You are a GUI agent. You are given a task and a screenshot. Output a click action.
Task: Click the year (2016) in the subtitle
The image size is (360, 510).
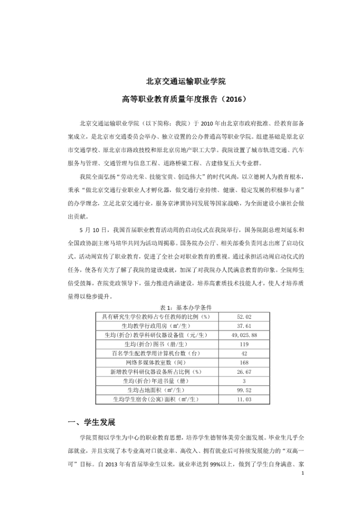click(x=235, y=100)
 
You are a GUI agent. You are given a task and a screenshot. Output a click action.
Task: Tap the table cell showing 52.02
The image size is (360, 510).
click(x=244, y=316)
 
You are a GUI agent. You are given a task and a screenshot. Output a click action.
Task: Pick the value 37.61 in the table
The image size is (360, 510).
click(x=244, y=326)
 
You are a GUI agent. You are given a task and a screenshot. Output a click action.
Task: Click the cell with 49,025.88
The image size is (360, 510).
click(x=244, y=335)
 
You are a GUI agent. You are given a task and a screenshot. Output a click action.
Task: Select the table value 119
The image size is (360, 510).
click(x=244, y=344)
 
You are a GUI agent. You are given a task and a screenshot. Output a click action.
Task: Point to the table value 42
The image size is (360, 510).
click(x=244, y=354)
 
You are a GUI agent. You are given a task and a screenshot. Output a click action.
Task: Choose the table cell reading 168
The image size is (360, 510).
click(x=244, y=363)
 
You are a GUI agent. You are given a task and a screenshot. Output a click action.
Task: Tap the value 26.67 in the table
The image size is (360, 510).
click(x=244, y=372)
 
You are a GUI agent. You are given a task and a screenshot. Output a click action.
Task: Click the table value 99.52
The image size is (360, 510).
click(x=244, y=390)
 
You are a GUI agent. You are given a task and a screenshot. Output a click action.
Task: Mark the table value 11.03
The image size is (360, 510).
click(x=244, y=399)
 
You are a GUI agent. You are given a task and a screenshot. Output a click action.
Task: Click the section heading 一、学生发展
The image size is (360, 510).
click(x=92, y=423)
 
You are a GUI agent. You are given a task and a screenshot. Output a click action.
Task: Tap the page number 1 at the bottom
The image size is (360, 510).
click(x=302, y=473)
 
